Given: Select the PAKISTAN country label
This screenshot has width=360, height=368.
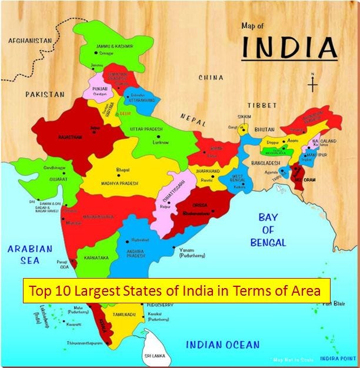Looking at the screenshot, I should [x=45, y=93].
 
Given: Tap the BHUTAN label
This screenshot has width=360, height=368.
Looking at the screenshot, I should [x=265, y=129].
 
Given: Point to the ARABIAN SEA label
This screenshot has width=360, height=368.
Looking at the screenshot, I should [x=29, y=255].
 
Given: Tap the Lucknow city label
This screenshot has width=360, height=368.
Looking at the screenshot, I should [x=161, y=142].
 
